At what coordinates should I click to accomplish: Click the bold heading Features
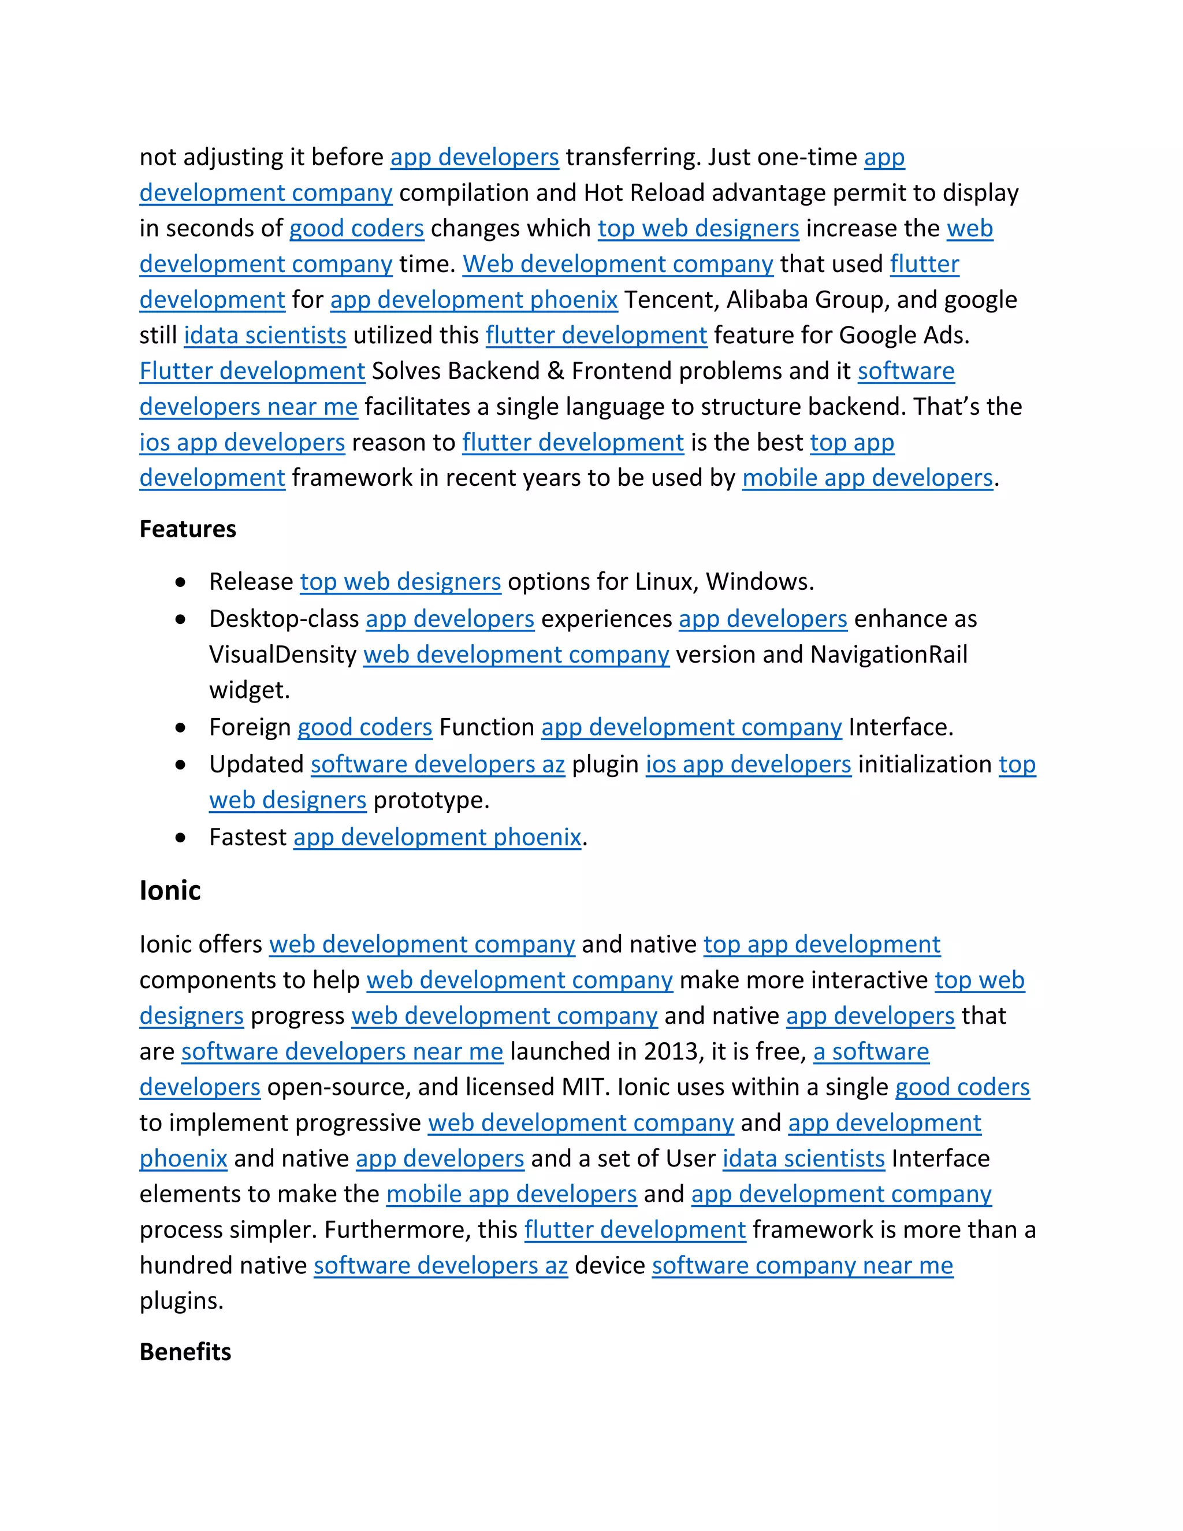(x=187, y=529)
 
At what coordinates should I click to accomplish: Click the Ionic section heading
(x=170, y=890)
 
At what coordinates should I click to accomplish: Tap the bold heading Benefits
(x=185, y=1351)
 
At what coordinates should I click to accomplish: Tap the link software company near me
(x=802, y=1265)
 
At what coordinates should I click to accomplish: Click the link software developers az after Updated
(x=437, y=764)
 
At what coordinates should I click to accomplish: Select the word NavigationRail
(x=888, y=654)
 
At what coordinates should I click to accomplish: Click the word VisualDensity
(x=283, y=654)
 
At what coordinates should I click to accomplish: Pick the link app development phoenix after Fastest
(x=437, y=837)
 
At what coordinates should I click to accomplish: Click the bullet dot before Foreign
(x=181, y=727)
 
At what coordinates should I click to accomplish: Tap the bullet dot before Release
(x=181, y=582)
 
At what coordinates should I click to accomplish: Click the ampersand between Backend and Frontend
(x=555, y=371)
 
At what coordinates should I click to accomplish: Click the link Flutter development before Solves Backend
(x=252, y=371)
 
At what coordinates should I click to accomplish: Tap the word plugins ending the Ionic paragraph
(x=181, y=1301)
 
